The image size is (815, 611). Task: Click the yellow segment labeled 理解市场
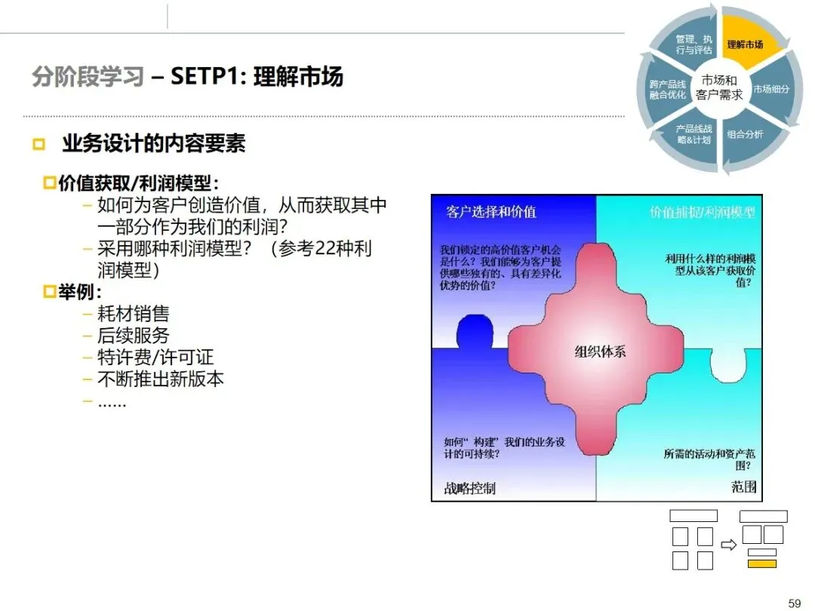744,44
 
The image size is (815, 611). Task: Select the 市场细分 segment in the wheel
771,89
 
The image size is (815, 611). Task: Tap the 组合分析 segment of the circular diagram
744,134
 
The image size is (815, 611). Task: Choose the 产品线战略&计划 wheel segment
694,134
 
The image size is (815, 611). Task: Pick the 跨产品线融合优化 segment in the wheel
667,89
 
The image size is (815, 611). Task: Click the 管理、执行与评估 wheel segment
694,44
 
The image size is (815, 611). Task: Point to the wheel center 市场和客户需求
719,88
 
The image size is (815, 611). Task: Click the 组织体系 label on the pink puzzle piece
600,352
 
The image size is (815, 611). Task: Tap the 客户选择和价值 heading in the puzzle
491,212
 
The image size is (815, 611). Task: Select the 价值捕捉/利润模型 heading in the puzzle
702,212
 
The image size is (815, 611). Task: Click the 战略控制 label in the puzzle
469,488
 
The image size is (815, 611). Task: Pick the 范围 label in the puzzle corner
743,487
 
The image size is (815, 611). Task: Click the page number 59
794,603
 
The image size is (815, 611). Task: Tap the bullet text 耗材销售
133,314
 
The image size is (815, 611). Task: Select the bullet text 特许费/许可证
155,357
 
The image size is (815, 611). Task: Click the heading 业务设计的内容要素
154,143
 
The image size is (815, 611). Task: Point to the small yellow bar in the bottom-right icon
762,563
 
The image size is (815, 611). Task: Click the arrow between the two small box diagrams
728,545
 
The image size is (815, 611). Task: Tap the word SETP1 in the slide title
205,77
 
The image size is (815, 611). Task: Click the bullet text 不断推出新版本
160,379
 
